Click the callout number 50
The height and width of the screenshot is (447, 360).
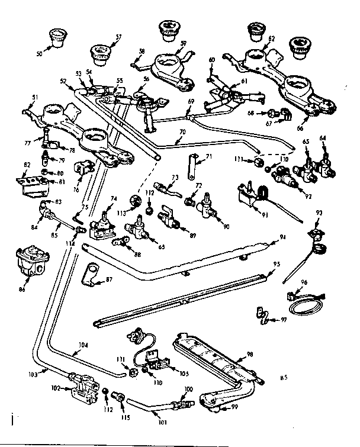[39, 54]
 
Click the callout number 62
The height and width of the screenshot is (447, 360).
[272, 38]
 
